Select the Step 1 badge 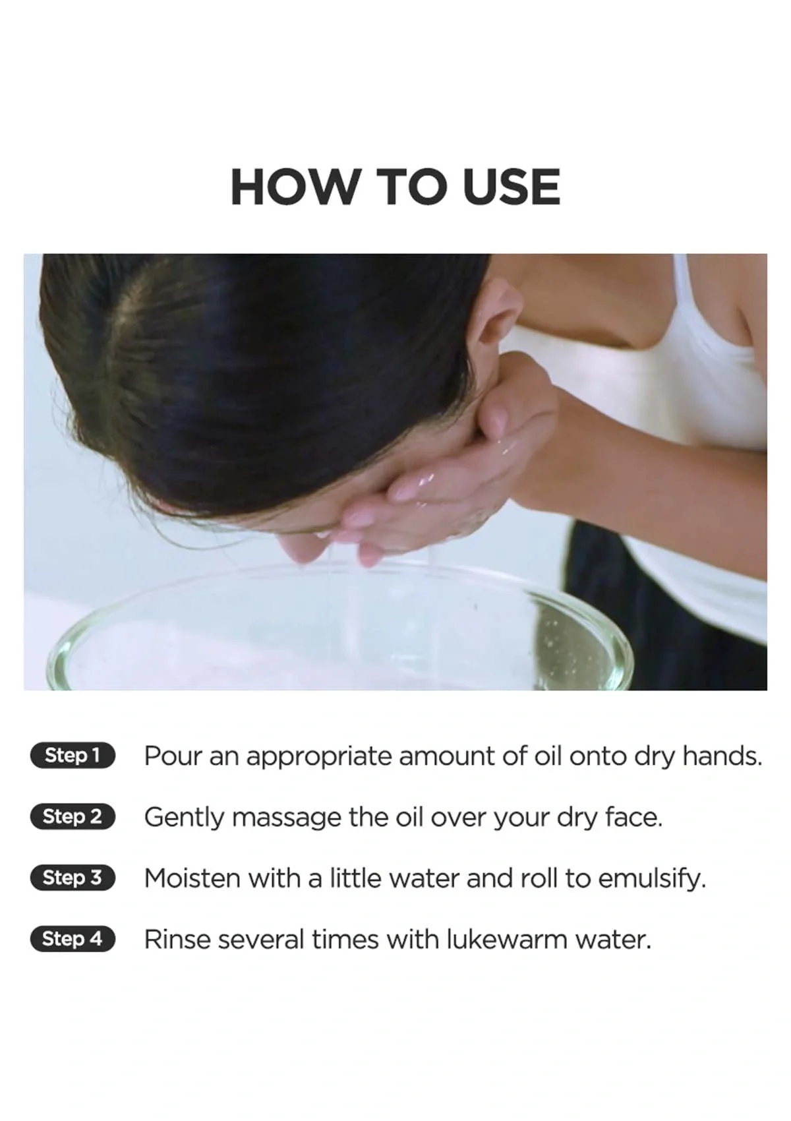point(73,755)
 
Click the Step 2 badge point(73,816)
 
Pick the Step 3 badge point(73,878)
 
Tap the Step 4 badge point(73,938)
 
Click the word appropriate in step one point(321,757)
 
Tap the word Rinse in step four point(177,939)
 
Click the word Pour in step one point(172,756)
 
